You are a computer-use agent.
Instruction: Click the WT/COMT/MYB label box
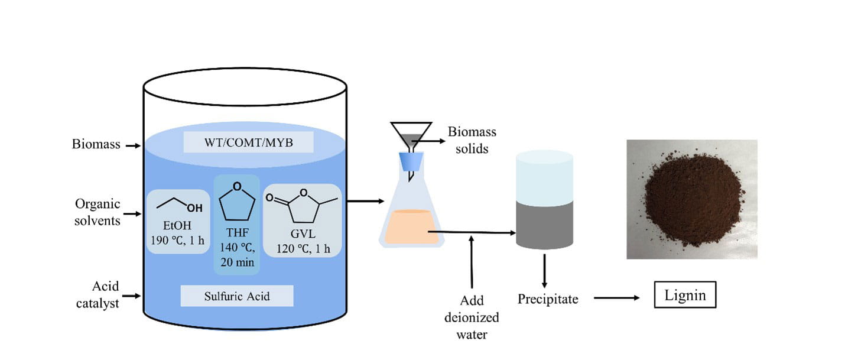pyautogui.click(x=243, y=142)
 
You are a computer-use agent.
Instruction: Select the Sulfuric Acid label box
pyautogui.click(x=237, y=296)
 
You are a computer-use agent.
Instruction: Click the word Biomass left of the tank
pyautogui.click(x=96, y=144)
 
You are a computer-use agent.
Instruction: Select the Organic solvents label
pyautogui.click(x=97, y=212)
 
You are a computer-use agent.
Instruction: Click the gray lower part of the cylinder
pyautogui.click(x=544, y=225)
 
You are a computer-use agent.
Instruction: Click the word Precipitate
pyautogui.click(x=548, y=299)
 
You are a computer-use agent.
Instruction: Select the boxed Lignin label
pyautogui.click(x=685, y=295)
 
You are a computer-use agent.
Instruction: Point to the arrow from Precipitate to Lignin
pyautogui.click(x=617, y=298)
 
